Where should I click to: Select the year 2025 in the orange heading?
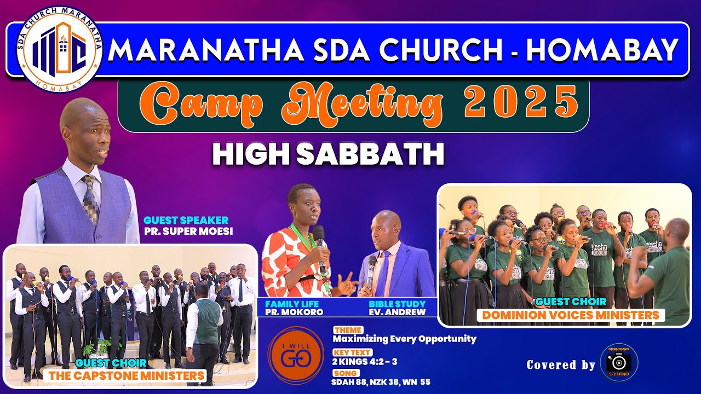pos(521,102)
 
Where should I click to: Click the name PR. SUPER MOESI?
pos(188,231)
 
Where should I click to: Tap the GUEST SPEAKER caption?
pos(186,221)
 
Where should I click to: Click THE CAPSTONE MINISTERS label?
pos(127,375)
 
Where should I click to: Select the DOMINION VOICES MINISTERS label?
pos(571,315)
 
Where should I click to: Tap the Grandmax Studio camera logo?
pos(619,363)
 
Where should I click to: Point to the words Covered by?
pos(560,365)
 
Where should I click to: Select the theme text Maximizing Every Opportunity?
pos(405,339)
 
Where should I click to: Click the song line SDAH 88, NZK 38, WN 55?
pos(381,382)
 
